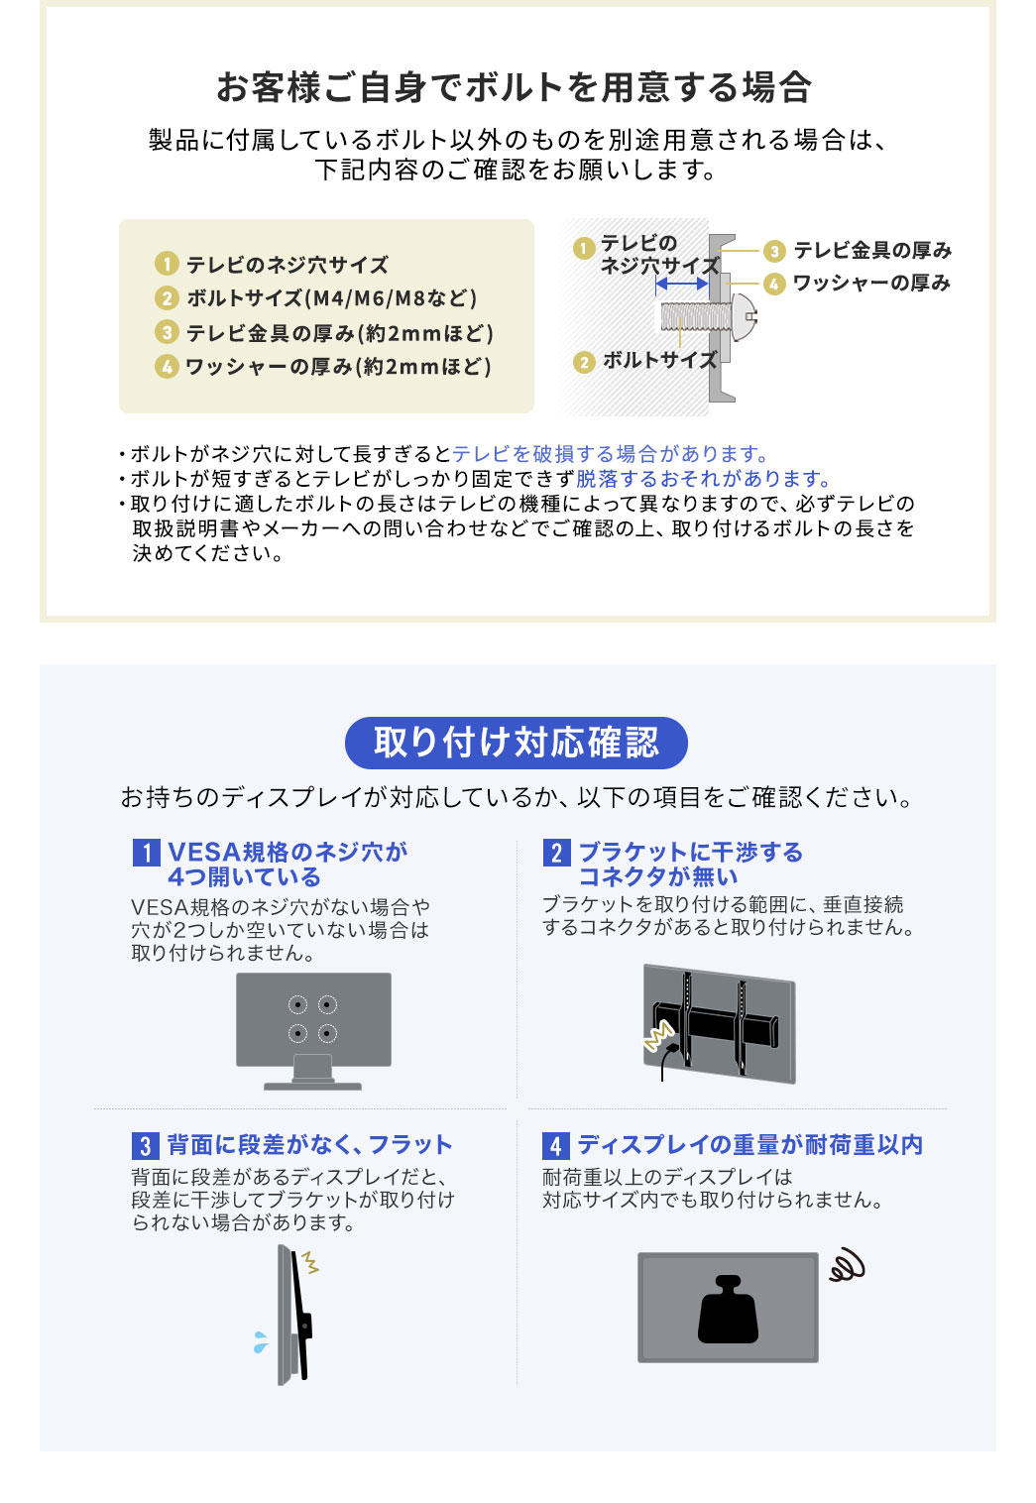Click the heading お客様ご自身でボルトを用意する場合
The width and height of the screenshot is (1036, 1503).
tap(515, 87)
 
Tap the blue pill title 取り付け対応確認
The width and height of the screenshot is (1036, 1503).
tap(516, 743)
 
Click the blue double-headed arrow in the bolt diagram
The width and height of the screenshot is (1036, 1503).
tap(682, 284)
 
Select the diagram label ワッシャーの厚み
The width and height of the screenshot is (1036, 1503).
tap(871, 284)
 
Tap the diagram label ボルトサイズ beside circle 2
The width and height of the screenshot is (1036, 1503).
tap(659, 361)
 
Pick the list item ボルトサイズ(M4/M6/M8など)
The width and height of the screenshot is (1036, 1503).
tap(332, 298)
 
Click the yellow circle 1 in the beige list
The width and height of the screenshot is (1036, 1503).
tap(167, 265)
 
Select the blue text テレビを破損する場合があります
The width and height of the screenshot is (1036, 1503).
tap(610, 454)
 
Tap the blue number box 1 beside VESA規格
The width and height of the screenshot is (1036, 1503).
tap(146, 853)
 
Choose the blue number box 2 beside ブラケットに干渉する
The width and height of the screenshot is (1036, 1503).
tap(556, 853)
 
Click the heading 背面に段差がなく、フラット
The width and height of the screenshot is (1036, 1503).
tap(309, 1145)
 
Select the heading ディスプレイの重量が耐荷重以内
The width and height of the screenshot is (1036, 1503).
tap(749, 1145)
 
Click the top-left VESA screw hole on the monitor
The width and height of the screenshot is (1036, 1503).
tap(297, 1005)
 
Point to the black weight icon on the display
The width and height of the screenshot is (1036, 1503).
tap(728, 1310)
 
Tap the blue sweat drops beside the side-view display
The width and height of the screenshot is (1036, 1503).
tap(260, 1342)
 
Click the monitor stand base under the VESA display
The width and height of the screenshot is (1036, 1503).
tap(313, 1086)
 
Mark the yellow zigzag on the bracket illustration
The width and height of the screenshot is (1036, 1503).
tap(658, 1037)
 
